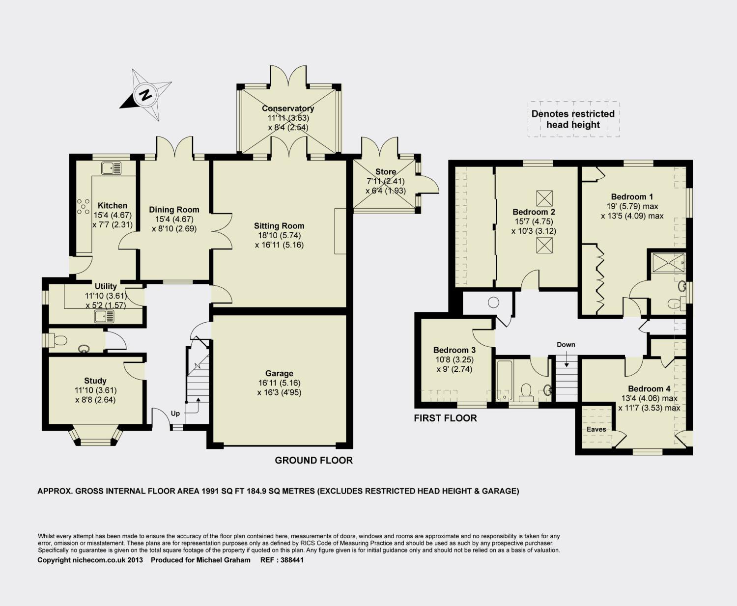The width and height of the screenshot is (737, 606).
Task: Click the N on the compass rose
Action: [145, 95]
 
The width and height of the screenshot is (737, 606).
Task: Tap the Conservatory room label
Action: [288, 109]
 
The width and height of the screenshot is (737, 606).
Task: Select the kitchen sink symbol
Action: [111, 168]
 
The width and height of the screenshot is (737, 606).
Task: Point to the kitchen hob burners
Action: [83, 206]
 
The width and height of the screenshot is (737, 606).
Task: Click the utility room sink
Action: [104, 317]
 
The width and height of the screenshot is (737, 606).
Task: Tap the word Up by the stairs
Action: [175, 413]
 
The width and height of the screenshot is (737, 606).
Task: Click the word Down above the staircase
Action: [566, 345]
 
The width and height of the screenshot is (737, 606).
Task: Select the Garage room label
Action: [279, 373]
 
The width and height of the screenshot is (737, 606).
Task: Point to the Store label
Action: [385, 172]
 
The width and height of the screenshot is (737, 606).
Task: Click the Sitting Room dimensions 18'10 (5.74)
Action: [279, 235]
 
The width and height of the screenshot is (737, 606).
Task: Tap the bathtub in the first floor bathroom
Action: [504, 381]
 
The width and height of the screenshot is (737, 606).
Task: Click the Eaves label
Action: [596, 429]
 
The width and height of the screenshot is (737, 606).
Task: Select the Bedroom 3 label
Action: [454, 350]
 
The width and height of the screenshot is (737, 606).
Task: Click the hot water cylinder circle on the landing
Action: [493, 303]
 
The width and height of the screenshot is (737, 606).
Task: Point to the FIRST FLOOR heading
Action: [445, 418]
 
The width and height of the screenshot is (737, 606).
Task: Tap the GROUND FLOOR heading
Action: [314, 460]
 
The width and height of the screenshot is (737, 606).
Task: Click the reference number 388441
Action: [292, 560]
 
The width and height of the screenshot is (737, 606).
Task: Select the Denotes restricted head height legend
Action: [573, 119]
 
